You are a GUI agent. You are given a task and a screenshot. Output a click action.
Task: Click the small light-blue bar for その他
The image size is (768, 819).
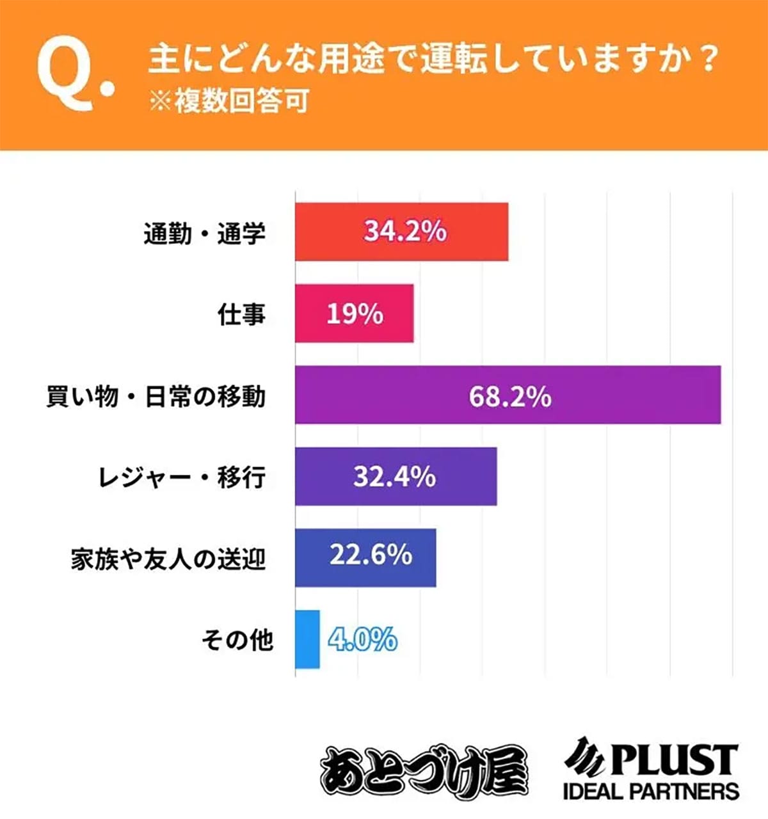coord(307,639)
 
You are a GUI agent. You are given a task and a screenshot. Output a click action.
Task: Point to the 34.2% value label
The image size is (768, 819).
coord(405,231)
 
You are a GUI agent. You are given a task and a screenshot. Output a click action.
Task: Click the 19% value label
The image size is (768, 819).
coord(355,314)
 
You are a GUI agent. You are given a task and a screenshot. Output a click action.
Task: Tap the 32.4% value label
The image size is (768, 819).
coord(394,477)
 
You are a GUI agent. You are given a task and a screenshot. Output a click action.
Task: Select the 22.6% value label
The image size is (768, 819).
coord(371,555)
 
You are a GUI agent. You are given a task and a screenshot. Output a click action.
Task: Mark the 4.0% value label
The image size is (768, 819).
coord(362,639)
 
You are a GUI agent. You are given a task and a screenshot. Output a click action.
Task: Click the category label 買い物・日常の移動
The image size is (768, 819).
coord(156,397)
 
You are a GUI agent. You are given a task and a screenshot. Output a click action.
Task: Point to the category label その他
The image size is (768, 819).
coord(237,639)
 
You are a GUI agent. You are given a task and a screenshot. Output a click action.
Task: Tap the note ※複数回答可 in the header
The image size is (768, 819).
coord(228,102)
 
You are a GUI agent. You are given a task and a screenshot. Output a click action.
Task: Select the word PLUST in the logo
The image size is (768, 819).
coord(672,759)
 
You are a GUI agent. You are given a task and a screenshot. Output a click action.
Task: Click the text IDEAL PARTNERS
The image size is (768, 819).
coord(651,791)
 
